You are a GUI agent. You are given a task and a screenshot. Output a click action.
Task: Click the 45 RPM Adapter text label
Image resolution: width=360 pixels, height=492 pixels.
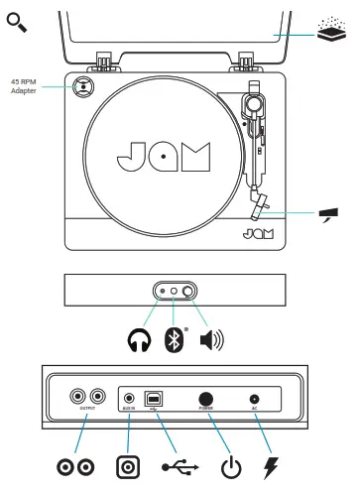pyautogui.click(x=26, y=86)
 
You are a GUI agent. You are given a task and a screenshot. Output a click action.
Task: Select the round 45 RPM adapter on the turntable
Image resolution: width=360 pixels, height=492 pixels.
pyautogui.click(x=84, y=85)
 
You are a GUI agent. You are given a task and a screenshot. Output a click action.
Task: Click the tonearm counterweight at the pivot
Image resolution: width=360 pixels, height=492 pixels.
pyautogui.click(x=255, y=102)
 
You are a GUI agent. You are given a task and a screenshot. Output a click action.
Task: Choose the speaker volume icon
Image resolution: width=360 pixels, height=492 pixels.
pyautogui.click(x=211, y=340)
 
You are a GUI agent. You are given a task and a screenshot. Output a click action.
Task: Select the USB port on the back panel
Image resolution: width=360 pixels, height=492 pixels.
pyautogui.click(x=154, y=398)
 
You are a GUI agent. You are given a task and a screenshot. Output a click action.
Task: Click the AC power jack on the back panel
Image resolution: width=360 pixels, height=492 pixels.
pyautogui.click(x=255, y=398)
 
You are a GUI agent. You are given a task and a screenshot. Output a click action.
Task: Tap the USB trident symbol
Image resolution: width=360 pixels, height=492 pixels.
pyautogui.click(x=178, y=465)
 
